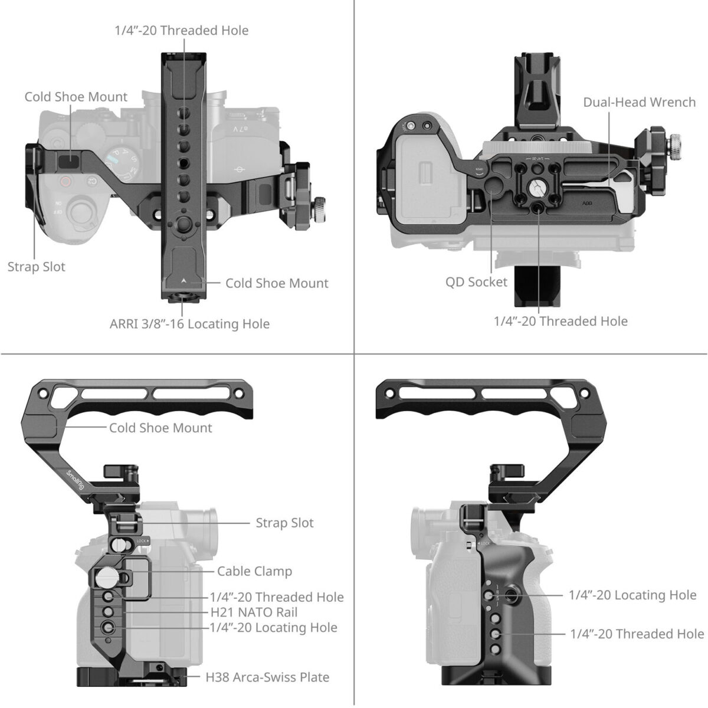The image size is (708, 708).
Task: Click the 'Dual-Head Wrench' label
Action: click(639, 102)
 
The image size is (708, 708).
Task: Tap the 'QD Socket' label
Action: click(476, 282)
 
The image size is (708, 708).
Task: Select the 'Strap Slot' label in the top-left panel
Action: click(36, 267)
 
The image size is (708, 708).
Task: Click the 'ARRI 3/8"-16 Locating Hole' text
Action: click(189, 324)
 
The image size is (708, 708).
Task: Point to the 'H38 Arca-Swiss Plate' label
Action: click(267, 677)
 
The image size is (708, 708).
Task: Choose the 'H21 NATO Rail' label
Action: click(254, 612)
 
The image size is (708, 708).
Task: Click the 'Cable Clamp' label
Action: click(254, 571)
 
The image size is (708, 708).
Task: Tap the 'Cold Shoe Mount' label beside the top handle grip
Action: click(160, 428)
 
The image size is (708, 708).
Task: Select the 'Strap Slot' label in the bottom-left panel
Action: click(284, 523)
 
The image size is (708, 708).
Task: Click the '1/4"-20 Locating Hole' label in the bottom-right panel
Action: click(632, 595)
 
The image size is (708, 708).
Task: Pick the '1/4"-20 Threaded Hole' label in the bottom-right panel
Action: click(637, 634)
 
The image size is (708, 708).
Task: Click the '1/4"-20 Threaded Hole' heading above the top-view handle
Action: click(182, 30)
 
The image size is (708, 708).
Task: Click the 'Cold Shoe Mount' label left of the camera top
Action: click(76, 97)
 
